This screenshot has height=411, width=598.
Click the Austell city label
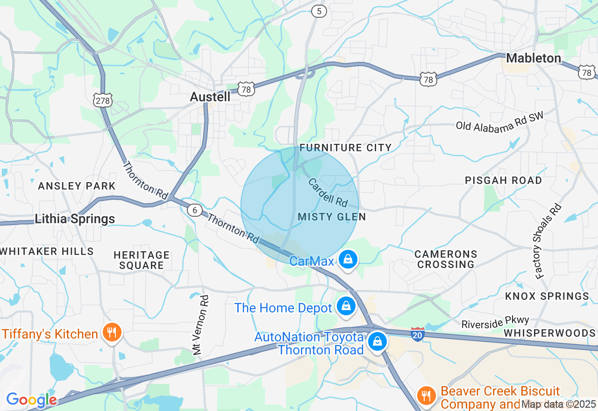tap(210, 97)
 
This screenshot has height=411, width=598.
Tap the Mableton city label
tap(534, 58)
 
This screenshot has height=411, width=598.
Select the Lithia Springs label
tap(75, 219)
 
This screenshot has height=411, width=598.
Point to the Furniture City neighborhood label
tap(346, 148)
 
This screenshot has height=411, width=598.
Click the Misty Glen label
tap(332, 217)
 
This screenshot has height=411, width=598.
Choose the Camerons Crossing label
tap(446, 259)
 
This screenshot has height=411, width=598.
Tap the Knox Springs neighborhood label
tap(547, 296)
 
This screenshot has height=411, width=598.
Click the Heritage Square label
tap(142, 260)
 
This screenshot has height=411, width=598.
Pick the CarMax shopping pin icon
tap(348, 259)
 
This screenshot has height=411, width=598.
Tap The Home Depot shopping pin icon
tap(346, 306)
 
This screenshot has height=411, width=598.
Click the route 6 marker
tap(195, 210)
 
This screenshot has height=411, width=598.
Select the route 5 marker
tap(319, 11)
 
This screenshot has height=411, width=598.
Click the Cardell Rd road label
tap(328, 192)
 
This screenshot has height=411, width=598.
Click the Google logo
tap(31, 400)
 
